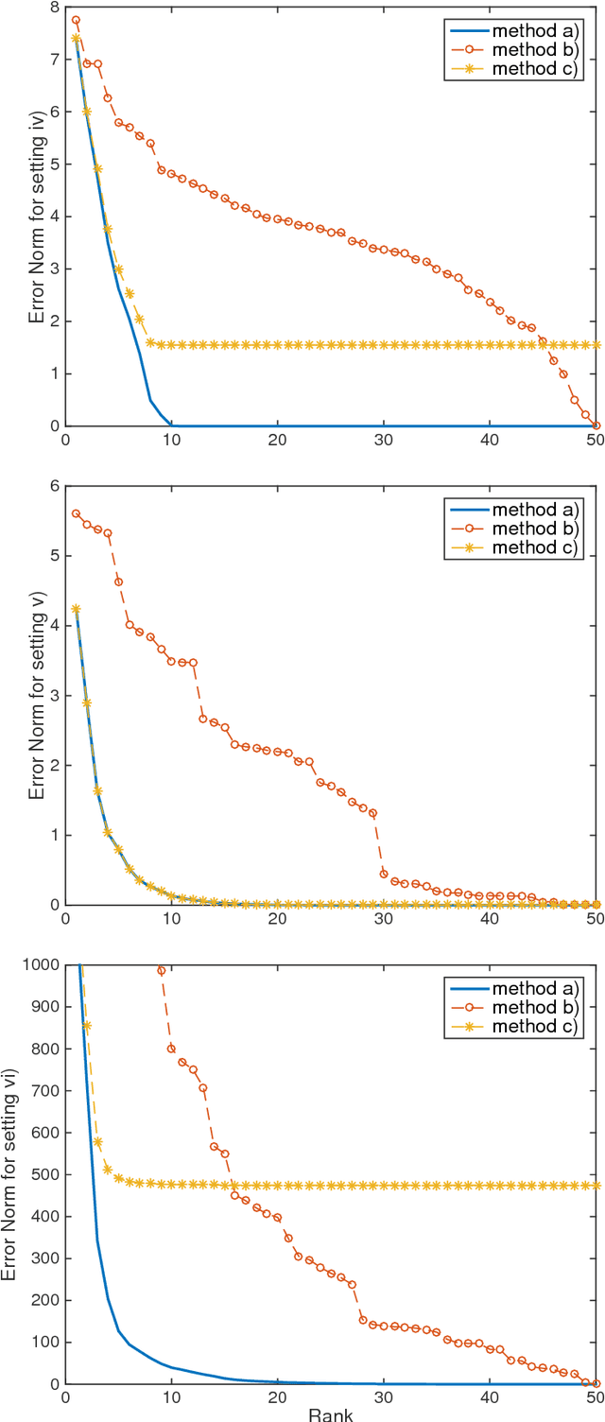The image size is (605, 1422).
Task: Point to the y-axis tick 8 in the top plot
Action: [54, 8]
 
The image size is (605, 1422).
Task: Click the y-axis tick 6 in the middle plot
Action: [54, 486]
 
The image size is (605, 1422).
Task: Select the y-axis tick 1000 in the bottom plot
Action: [42, 965]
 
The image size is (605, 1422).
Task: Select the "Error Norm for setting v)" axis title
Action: [36, 696]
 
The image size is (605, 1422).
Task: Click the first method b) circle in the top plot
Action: [76, 20]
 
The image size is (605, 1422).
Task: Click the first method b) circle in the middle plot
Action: [76, 513]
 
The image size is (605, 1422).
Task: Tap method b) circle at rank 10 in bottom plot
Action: [171, 1049]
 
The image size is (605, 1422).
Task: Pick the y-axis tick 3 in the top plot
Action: [54, 269]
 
